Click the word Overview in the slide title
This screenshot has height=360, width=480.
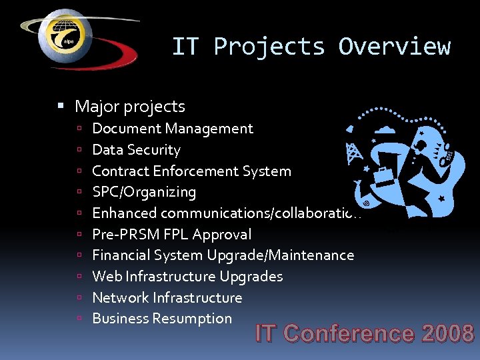(394, 47)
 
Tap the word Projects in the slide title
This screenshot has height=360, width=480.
(269, 47)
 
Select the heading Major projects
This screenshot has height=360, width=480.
(130, 106)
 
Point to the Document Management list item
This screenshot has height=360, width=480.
(173, 129)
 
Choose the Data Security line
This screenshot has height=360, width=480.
(136, 150)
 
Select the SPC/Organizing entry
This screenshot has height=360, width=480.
(144, 192)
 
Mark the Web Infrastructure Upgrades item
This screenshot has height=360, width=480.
(187, 277)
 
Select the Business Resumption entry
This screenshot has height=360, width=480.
(162, 319)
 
